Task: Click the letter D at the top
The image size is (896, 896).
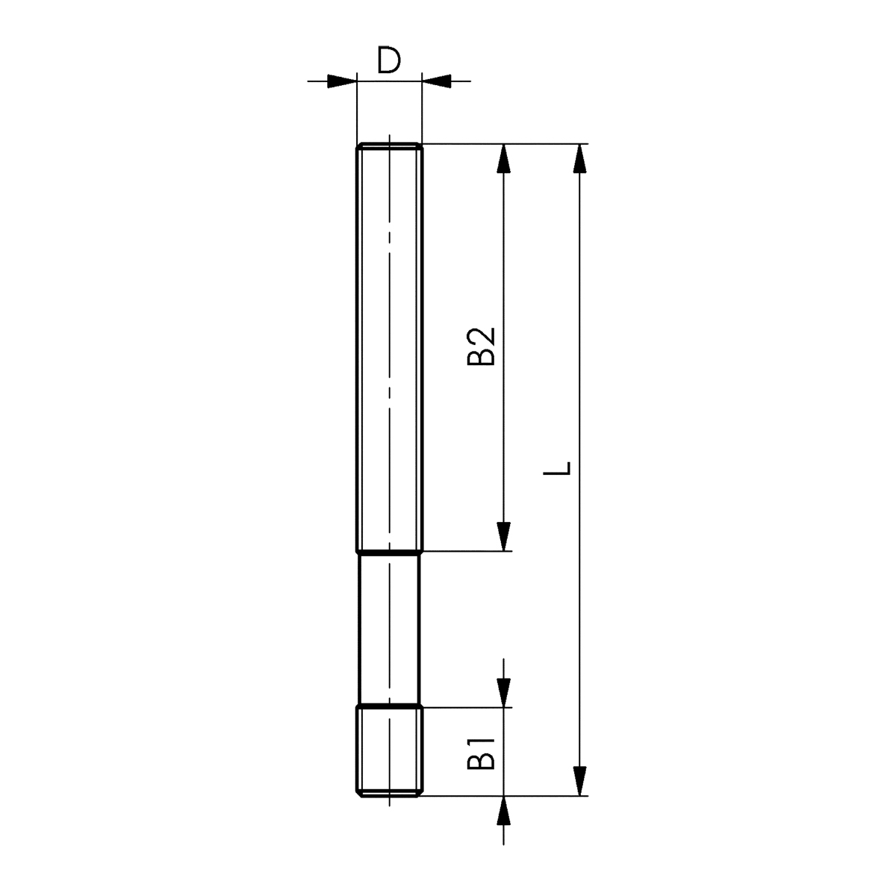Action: pyautogui.click(x=389, y=60)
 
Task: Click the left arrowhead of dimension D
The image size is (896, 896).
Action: pyautogui.click(x=341, y=80)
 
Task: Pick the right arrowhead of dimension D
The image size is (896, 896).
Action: pyautogui.click(x=438, y=80)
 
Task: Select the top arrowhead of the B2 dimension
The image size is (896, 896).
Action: pyautogui.click(x=505, y=158)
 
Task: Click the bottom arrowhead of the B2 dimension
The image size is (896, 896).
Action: pyautogui.click(x=505, y=536)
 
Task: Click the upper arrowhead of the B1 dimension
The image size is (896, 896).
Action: pyautogui.click(x=505, y=691)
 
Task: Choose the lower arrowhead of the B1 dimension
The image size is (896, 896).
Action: pyautogui.click(x=505, y=811)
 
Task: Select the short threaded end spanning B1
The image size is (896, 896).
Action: pyautogui.click(x=389, y=750)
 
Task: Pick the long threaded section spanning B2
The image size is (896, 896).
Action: pyautogui.click(x=389, y=347)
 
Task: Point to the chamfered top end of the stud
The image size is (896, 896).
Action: pyautogui.click(x=389, y=146)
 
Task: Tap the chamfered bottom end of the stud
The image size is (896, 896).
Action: pyautogui.click(x=389, y=794)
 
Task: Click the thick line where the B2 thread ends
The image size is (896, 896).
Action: pyautogui.click(x=389, y=553)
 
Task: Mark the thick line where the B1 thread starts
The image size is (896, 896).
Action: pyautogui.click(x=389, y=706)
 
